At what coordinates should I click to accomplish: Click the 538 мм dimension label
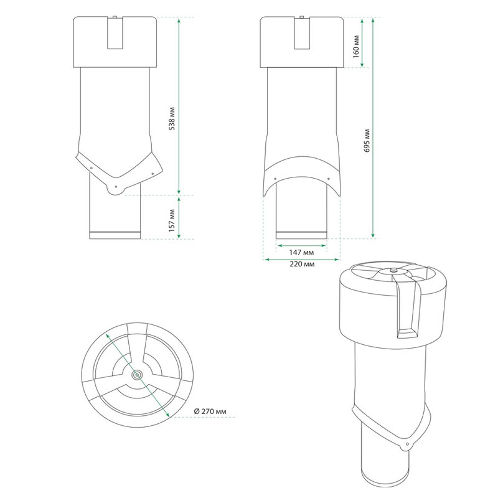(172, 116)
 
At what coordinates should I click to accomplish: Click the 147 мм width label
(302, 253)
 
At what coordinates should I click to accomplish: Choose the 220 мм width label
(302, 265)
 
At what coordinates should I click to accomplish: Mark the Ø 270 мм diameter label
(211, 411)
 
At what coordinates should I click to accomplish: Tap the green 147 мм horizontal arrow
(302, 245)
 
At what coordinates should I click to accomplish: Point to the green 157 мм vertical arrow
(179, 217)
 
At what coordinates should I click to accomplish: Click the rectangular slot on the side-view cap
(115, 32)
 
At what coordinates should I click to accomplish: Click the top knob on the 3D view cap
(393, 270)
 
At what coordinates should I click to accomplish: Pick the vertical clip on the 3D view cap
(408, 311)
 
